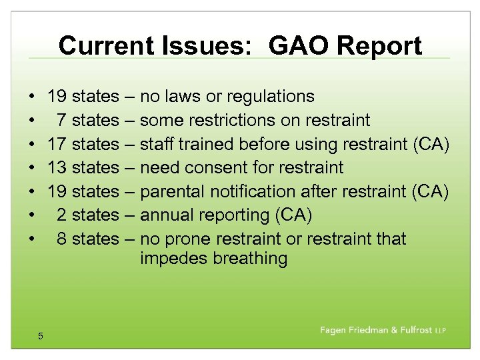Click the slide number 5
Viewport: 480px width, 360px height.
click(x=41, y=336)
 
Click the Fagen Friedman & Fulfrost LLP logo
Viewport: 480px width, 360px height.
click(x=383, y=331)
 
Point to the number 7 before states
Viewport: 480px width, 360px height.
click(x=61, y=121)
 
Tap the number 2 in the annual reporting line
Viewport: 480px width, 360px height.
click(x=61, y=215)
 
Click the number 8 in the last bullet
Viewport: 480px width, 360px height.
click(x=61, y=239)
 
